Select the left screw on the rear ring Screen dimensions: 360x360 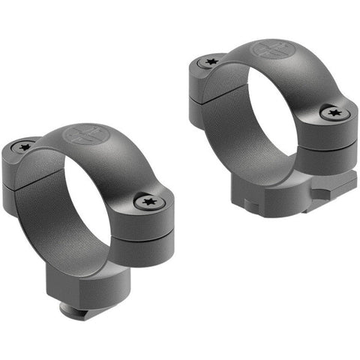pos(207,64)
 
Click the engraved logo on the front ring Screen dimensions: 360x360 pos(84,135)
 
